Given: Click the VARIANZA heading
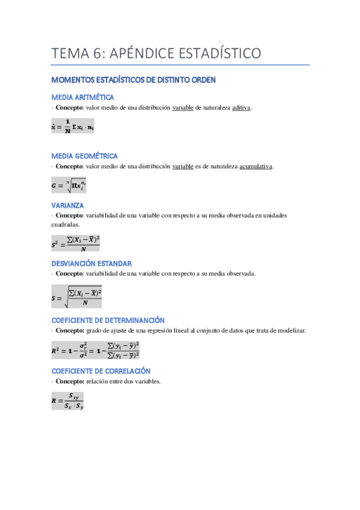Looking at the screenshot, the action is (x=67, y=205).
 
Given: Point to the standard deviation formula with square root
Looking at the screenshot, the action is (x=77, y=296).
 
